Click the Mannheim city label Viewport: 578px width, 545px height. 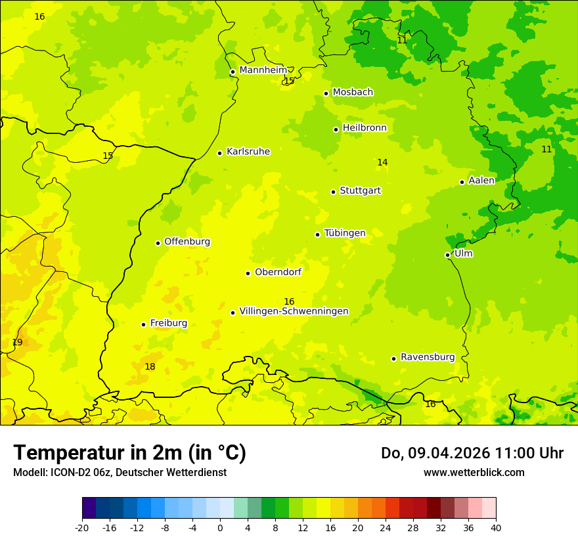coord(263,70)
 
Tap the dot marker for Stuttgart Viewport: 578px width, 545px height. coord(333,192)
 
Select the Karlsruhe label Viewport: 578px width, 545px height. coord(248,152)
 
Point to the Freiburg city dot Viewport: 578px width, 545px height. coord(143,324)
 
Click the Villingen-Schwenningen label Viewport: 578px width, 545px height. coord(294,311)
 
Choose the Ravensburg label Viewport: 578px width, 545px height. coord(428,357)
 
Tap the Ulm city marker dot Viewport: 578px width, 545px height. coord(447,255)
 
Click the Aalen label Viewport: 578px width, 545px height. coord(481,181)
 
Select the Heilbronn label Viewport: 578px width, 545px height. coord(365,128)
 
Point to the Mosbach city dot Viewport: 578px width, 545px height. coord(326,93)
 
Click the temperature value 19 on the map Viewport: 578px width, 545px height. coord(17,342)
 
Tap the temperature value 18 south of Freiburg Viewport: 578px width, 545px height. coord(150,366)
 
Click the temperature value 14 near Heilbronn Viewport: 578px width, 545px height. coord(382,162)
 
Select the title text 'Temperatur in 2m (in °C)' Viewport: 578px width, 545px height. coord(129,453)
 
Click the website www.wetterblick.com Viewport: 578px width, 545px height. coord(474,472)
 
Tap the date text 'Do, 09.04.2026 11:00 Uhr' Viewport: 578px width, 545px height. coord(472,453)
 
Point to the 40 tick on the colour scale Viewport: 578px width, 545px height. coord(496,527)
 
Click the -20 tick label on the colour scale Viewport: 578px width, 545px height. coord(81,527)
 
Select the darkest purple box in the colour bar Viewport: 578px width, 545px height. coord(89,508)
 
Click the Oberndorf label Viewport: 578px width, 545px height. coord(278,272)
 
